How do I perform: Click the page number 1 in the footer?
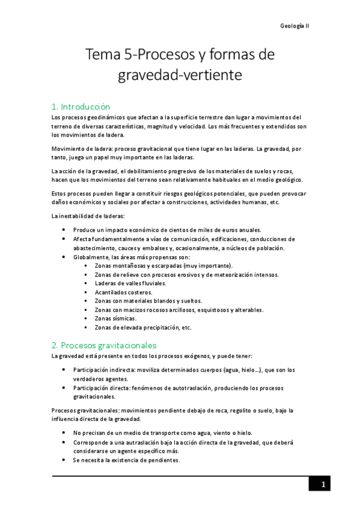(x=323, y=485)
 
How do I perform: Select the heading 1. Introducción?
(x=81, y=106)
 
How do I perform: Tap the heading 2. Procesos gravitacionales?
(x=104, y=345)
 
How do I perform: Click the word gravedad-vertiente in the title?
(x=180, y=76)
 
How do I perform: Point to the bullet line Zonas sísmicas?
(x=115, y=319)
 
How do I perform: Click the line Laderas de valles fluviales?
(x=130, y=283)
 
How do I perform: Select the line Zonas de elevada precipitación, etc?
(x=143, y=328)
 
